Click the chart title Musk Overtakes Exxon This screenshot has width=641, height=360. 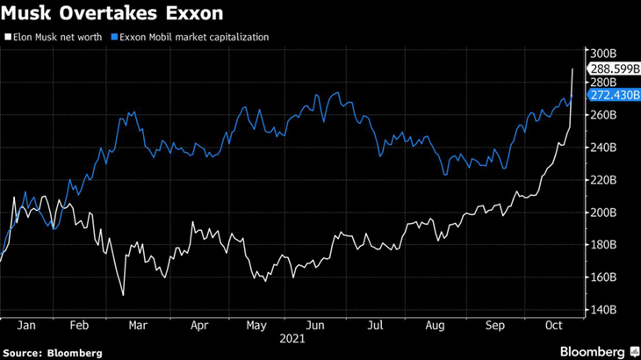tap(111, 15)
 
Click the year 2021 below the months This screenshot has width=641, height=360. tap(291, 337)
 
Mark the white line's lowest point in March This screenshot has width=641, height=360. tap(124, 295)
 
